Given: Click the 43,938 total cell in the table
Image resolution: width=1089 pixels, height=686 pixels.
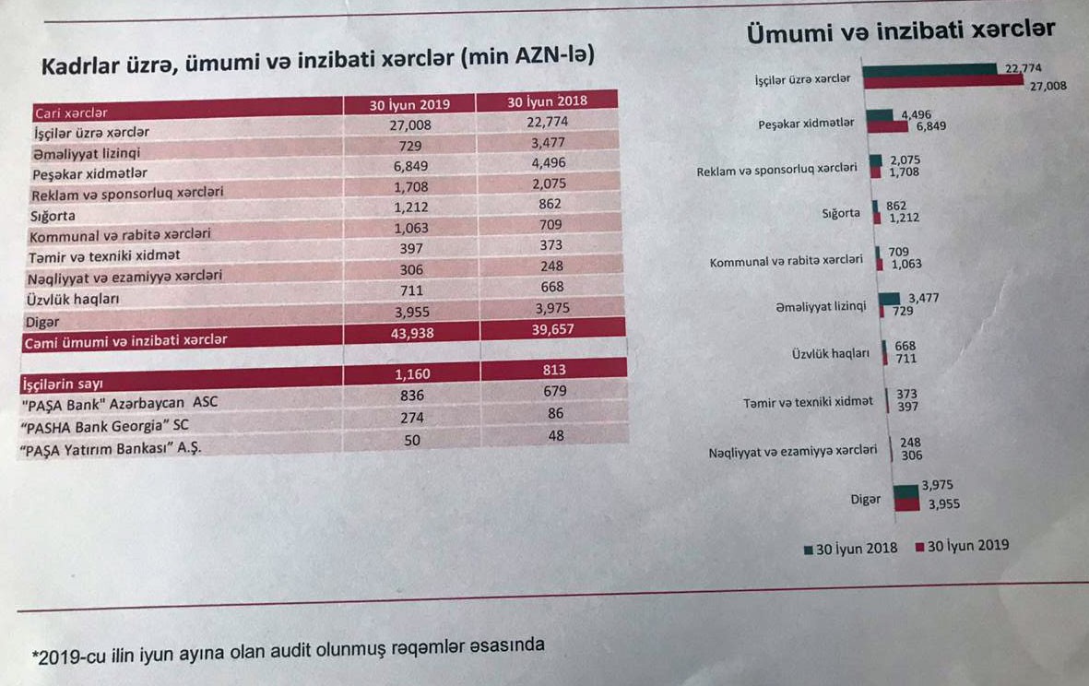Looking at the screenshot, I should pos(411,333).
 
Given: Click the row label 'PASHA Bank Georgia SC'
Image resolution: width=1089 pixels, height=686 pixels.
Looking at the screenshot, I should pos(106,427).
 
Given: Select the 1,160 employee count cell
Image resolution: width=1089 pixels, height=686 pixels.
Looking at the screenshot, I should pos(412,374).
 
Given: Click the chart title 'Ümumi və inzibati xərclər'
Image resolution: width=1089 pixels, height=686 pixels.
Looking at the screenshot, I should pos(901,30).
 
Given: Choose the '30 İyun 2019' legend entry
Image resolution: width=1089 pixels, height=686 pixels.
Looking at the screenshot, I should pos(962,546).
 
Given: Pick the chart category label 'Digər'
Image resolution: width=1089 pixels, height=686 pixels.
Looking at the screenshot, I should pos(865,499).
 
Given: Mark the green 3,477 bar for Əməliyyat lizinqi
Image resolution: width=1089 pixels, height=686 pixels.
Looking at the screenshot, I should pos(891,298).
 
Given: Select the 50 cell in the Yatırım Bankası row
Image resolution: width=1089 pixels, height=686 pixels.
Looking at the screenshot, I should pos(411,441).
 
